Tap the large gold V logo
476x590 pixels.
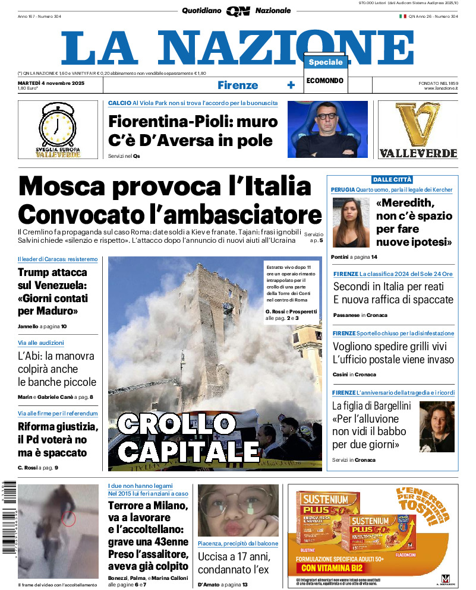click(x=417, y=125)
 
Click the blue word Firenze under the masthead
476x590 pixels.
click(x=238, y=85)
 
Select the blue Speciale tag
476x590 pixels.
click(x=326, y=62)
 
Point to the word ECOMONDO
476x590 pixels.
click(x=325, y=81)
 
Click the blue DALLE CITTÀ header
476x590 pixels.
click(x=392, y=179)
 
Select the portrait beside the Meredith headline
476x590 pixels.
click(x=351, y=223)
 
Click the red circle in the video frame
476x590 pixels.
click(x=69, y=519)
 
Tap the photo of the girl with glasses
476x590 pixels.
click(x=238, y=510)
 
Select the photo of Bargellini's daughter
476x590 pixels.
click(x=437, y=427)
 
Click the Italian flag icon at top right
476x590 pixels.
click(x=402, y=17)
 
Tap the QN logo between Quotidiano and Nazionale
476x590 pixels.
click(x=238, y=11)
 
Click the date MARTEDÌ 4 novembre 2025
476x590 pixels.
click(x=51, y=83)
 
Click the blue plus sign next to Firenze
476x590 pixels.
click(x=291, y=85)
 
